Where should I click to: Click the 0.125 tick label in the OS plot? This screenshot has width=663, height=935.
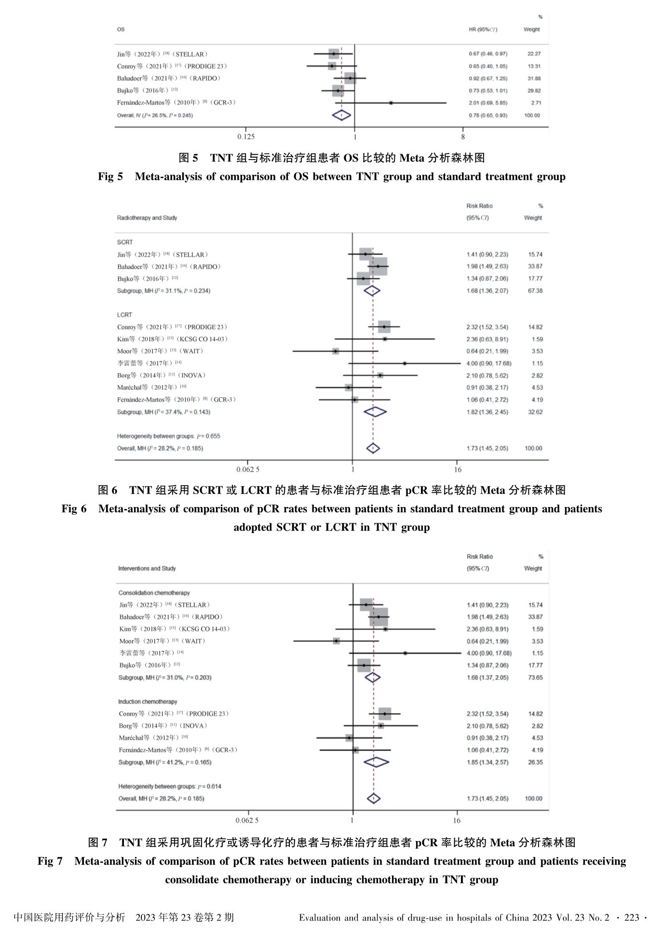point(246,137)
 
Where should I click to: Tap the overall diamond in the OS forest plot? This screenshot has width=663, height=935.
point(341,115)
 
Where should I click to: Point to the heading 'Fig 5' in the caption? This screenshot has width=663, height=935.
point(110,176)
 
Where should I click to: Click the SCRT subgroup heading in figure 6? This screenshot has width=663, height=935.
point(125,242)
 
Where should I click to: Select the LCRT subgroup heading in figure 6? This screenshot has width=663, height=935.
point(124,315)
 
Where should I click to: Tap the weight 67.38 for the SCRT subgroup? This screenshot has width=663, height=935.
point(535,291)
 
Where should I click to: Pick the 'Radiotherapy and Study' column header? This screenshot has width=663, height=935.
point(147,218)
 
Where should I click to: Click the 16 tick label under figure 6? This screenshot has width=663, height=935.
point(457,469)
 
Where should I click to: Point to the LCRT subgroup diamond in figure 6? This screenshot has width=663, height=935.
point(375,412)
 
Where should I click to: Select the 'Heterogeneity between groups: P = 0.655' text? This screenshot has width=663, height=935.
point(169,436)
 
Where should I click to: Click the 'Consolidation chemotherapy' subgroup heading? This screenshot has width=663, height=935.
point(154,593)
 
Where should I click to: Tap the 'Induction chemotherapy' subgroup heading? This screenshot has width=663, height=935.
point(148,702)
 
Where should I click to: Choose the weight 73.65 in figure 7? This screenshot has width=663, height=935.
point(535,678)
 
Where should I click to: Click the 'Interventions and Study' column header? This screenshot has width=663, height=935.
point(147,569)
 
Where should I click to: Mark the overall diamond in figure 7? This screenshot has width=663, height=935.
point(374,799)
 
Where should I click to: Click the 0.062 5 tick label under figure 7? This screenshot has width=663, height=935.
point(247,820)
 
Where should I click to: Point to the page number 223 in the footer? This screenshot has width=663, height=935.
point(631,918)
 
